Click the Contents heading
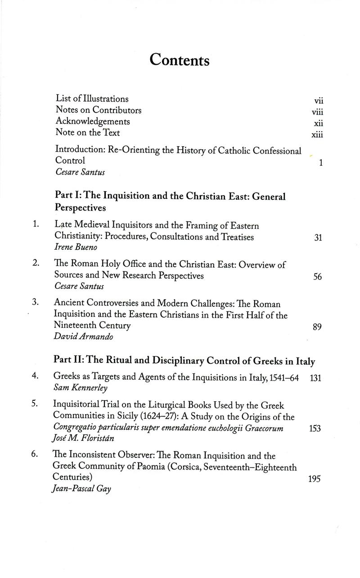coord(180,59)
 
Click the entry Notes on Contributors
coord(99,110)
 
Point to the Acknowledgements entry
coord(93,121)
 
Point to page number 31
coord(318,238)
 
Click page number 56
coord(317,277)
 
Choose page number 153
coord(315,429)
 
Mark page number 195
coord(315,479)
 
